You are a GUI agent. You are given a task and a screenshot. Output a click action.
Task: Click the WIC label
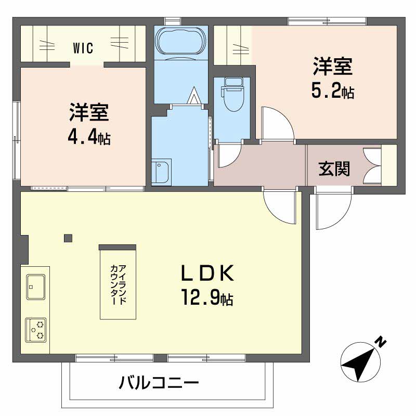(83, 48)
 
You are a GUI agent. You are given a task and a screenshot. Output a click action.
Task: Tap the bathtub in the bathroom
(181, 43)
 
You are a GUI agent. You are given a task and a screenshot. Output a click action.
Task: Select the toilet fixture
(233, 94)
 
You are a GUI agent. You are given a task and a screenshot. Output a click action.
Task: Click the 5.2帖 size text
(332, 92)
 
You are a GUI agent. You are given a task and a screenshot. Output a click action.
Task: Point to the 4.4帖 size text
(89, 138)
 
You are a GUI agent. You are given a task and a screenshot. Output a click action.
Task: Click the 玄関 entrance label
(334, 168)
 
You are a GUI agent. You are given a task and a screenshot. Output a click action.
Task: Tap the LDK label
(207, 273)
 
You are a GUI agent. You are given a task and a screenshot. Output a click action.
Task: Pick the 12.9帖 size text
(207, 298)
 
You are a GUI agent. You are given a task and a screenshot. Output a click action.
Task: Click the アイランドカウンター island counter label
(118, 284)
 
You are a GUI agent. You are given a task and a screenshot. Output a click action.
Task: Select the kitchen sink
(35, 287)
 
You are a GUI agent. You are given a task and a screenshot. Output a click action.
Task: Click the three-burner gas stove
(36, 330)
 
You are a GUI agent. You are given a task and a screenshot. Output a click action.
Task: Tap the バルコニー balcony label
(159, 383)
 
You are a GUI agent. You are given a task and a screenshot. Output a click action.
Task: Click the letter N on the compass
(381, 342)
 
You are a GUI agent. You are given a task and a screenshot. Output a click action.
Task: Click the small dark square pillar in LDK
(68, 238)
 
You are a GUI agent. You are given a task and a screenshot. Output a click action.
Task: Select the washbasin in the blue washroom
(161, 172)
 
